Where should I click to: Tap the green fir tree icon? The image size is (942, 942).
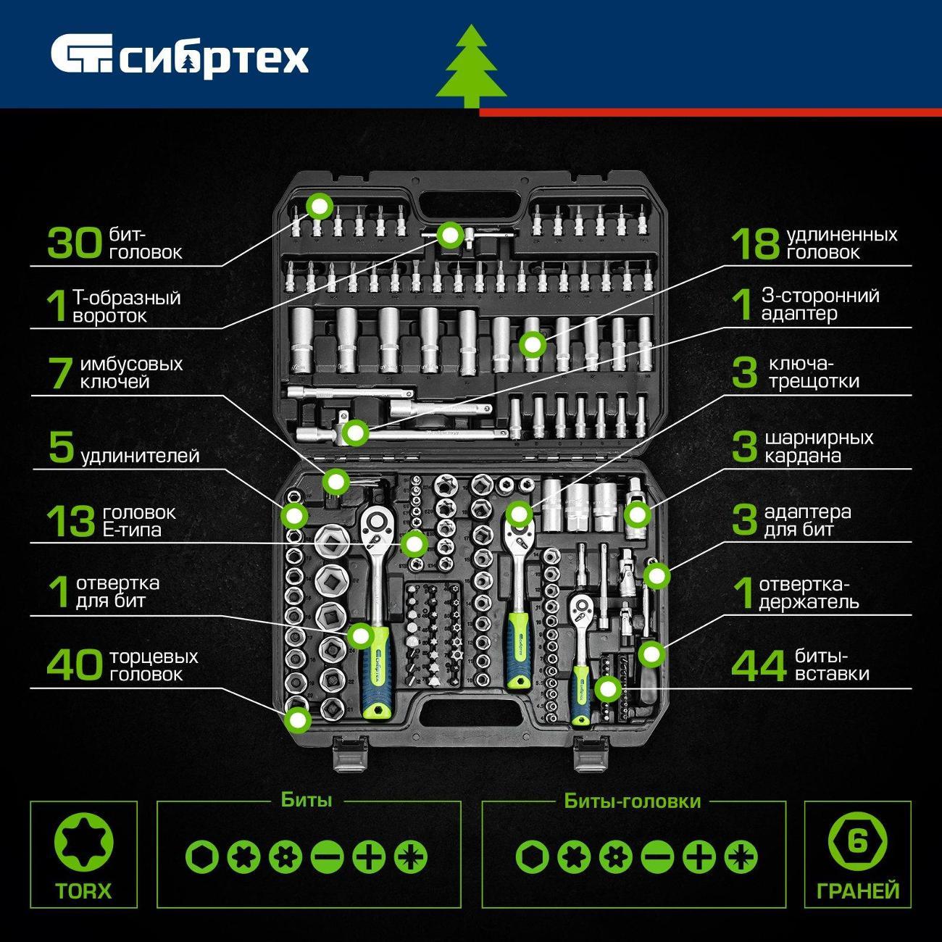tap(471, 67)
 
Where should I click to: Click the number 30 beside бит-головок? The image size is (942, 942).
tap(75, 243)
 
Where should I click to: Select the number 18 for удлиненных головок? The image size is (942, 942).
tap(755, 244)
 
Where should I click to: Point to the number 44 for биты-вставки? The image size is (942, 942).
tap(759, 666)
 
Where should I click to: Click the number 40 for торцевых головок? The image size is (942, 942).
tap(75, 665)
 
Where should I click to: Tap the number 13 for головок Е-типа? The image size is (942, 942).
tap(70, 522)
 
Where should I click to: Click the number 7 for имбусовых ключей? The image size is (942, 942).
tap(61, 372)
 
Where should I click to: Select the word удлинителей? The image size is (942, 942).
tap(141, 456)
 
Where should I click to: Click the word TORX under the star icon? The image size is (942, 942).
tap(83, 891)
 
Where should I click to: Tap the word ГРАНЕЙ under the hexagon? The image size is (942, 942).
tap(858, 891)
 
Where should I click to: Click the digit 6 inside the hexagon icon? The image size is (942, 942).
tap(857, 842)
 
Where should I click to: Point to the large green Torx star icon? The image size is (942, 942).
tap(83, 843)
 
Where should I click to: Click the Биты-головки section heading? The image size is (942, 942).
tap(633, 801)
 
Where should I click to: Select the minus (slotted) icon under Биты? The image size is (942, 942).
tap(327, 857)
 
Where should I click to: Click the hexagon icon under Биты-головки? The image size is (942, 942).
tap(533, 857)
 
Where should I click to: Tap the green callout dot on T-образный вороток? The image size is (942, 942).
tap(450, 235)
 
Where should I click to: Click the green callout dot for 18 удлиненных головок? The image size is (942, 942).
tap(533, 345)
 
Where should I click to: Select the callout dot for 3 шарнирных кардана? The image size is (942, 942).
tap(637, 514)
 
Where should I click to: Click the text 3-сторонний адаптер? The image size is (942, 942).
tap(820, 304)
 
